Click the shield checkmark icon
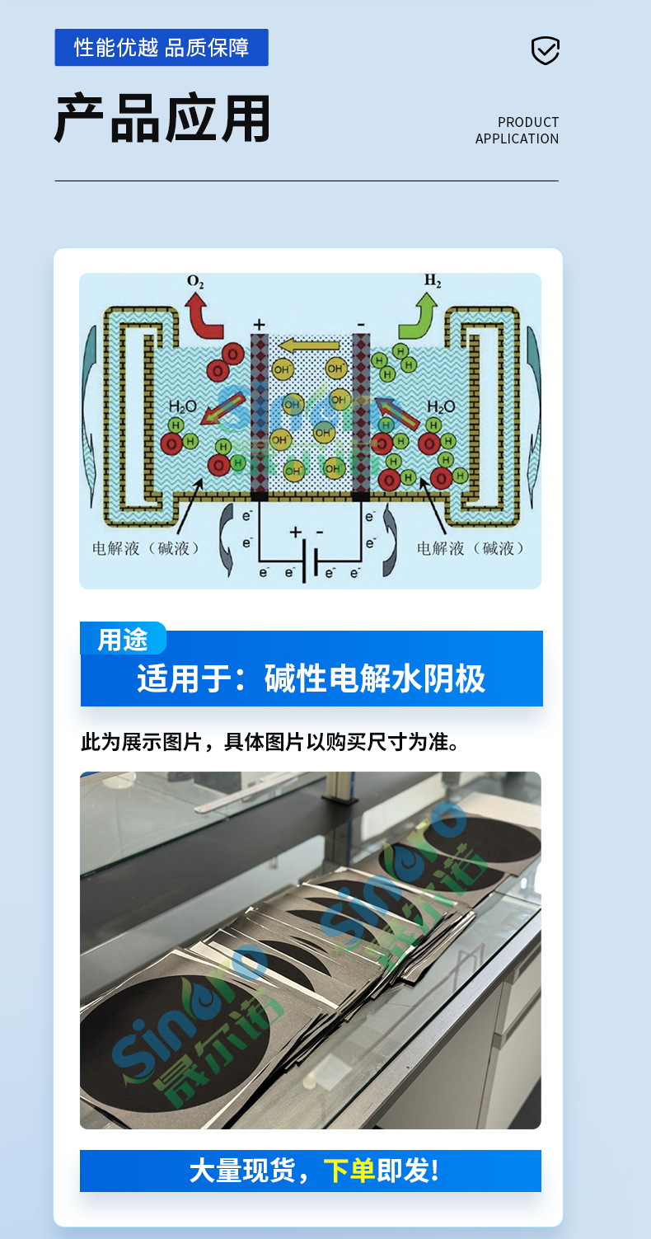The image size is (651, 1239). tap(545, 50)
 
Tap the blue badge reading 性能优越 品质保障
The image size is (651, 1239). tap(162, 48)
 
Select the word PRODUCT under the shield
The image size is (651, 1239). tap(528, 122)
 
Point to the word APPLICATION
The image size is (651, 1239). tap(517, 139)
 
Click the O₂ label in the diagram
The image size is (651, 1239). tap(195, 282)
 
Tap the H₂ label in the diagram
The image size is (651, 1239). tap(433, 280)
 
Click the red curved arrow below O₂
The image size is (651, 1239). tap(202, 317)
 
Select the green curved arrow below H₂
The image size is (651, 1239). tap(418, 317)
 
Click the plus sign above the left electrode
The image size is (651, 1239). tap(259, 324)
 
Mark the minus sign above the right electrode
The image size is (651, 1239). tap(360, 324)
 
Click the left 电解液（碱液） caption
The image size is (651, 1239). tap(146, 547)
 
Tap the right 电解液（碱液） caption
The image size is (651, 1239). tap(471, 547)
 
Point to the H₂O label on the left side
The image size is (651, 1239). tap(183, 406)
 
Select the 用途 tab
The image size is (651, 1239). tap(123, 640)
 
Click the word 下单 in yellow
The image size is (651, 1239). tap(349, 1171)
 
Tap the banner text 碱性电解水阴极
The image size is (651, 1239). tap(375, 678)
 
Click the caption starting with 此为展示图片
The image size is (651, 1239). tap(269, 742)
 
